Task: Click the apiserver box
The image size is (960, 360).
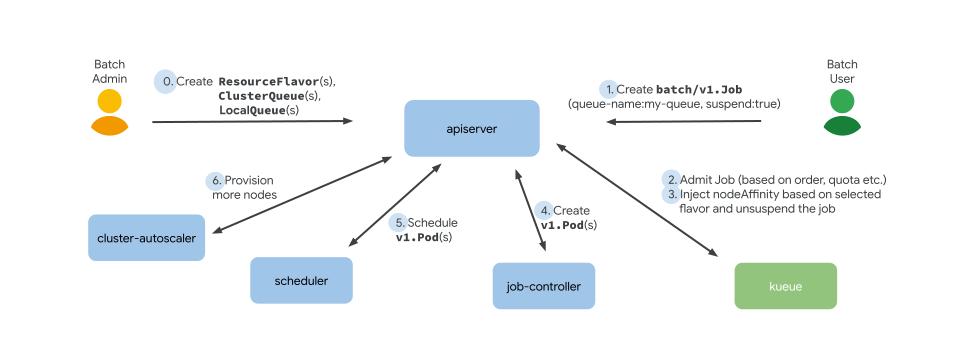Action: [x=471, y=128]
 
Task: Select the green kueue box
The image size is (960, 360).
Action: [x=785, y=285]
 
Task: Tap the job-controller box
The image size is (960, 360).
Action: [x=543, y=286]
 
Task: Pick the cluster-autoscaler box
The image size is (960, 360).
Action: [x=146, y=238]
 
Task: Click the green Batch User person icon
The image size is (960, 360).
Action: [x=841, y=112]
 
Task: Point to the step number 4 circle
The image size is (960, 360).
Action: [x=544, y=210]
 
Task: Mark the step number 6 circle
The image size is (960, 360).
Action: [x=215, y=181]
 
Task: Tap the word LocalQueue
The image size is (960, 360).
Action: [x=252, y=110]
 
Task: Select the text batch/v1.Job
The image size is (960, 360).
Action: [x=692, y=88]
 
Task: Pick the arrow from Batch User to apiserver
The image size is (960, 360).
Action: [x=685, y=121]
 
